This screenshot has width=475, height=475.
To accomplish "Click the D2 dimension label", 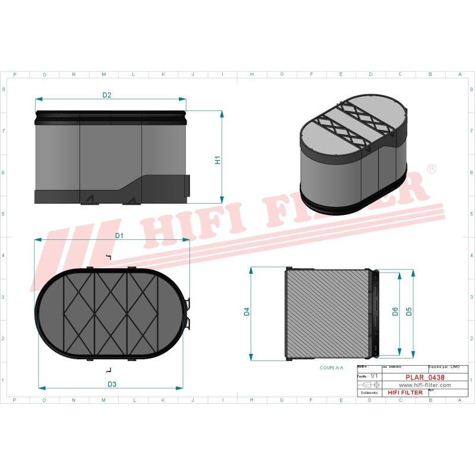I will (x=107, y=95).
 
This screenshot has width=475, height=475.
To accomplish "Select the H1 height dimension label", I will (x=217, y=160).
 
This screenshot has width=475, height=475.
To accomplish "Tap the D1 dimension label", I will (x=119, y=236).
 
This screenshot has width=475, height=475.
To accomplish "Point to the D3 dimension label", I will (x=112, y=384).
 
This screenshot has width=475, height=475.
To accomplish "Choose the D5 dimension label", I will (x=409, y=312).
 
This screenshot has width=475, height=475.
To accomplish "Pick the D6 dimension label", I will (x=395, y=312).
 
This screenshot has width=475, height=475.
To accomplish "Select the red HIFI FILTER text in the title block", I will (x=405, y=392).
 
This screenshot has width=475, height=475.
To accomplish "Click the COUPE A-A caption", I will (x=331, y=368).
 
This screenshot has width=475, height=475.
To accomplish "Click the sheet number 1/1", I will (x=373, y=376).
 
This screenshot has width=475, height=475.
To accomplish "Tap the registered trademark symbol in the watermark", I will (x=432, y=170).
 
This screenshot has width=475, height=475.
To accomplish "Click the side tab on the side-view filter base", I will (x=189, y=185).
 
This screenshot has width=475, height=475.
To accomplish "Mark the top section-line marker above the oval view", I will (x=108, y=257).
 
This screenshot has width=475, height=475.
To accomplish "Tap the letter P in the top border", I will (x=14, y=74).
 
